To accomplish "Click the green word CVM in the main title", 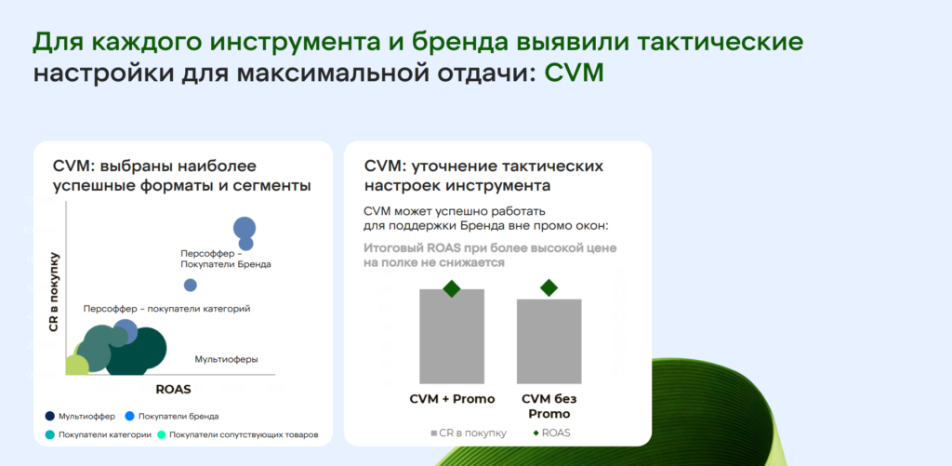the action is pos(574,73).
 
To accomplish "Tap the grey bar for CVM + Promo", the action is pos(452,336).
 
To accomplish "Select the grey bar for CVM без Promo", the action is pos(549,340).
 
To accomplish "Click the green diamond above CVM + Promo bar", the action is pos(452,288).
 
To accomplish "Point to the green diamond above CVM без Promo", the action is pos(549,287).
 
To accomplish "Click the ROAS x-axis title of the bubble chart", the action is pos(174,390).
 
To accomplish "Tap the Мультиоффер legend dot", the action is pos(50,416).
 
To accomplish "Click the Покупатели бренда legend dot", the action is pos(129,416).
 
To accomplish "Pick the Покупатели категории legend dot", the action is pos(50,435).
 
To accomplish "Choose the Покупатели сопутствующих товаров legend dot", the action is pos(162,435).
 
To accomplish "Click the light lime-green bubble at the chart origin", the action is pos(76,365).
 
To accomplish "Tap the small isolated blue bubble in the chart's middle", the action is pos(190,285).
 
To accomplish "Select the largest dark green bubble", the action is pos(136,352).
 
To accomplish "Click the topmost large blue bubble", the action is pos(245,229).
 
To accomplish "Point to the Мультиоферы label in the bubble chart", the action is pos(227,359).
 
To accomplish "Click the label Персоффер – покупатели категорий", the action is pos(167,309).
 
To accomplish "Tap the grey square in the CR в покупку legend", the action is pos(433,433).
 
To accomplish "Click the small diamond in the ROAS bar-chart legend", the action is pos(536,433).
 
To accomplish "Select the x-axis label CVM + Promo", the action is pos(453,399).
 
